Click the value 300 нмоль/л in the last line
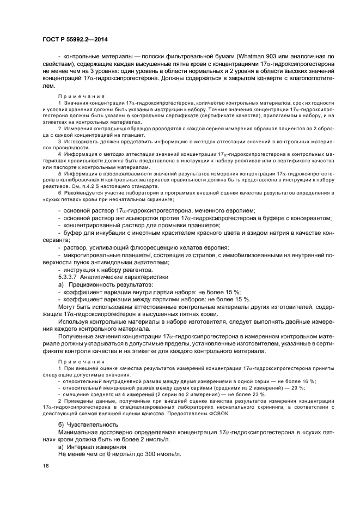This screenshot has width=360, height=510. (162, 454)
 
